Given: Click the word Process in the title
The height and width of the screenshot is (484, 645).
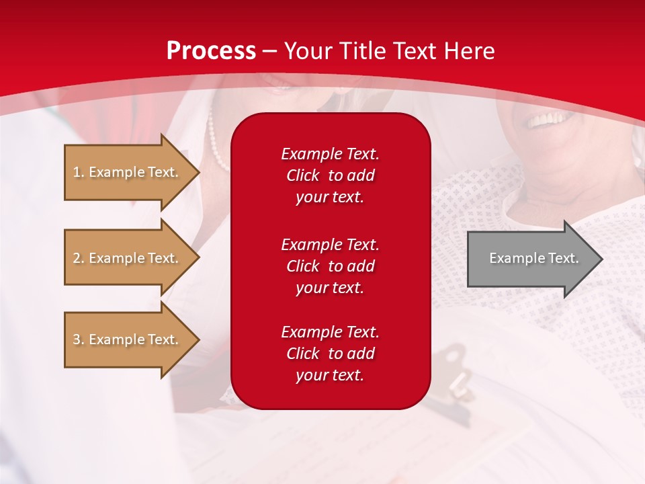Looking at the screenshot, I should (211, 51).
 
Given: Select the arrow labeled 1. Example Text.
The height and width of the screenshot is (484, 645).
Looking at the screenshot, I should (126, 172).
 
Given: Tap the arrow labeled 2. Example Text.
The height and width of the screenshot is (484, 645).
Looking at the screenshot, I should (126, 258).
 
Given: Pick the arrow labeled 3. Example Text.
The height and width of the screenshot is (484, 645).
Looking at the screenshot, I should (126, 339).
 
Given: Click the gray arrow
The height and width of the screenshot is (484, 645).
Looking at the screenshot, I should (531, 258).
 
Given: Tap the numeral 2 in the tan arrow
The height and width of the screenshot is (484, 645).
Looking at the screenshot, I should (76, 258).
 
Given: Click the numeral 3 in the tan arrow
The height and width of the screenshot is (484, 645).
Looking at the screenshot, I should (76, 339).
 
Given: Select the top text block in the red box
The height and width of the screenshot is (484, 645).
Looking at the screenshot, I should (330, 175).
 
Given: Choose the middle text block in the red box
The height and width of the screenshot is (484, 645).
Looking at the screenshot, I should (330, 266).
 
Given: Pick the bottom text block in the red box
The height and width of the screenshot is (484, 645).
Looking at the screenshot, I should (330, 354).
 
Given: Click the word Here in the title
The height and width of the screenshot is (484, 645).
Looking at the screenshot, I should (471, 51).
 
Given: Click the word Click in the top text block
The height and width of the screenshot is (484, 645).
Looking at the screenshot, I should (303, 175).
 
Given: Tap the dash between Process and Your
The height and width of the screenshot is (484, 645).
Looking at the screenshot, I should (270, 51).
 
